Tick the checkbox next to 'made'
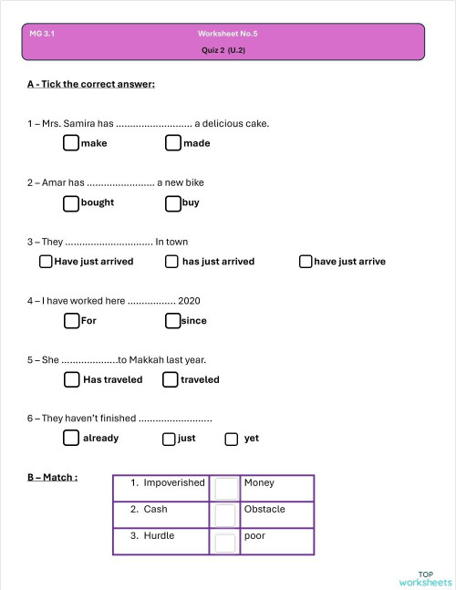(173, 143)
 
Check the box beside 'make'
(71, 143)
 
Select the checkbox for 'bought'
(71, 202)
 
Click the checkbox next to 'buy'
(172, 202)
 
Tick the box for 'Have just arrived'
(46, 262)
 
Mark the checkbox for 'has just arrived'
(171, 262)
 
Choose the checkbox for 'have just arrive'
(306, 262)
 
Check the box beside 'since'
(172, 320)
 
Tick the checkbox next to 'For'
(71, 320)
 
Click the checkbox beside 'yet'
(231, 439)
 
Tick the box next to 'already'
(71, 439)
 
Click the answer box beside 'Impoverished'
(224, 488)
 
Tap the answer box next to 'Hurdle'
(224, 543)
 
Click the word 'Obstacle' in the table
(264, 509)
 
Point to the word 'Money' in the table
(259, 482)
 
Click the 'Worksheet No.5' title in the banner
(227, 33)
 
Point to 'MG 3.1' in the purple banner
(42, 33)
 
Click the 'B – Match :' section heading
(52, 477)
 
